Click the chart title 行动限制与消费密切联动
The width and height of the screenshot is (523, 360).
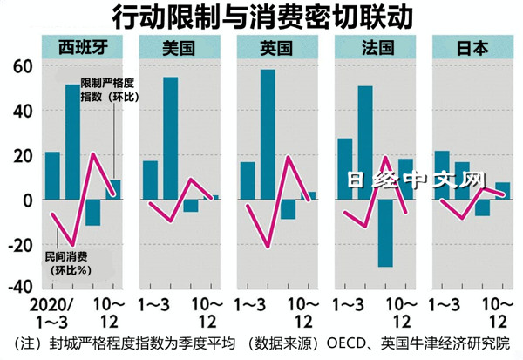coord(261,16)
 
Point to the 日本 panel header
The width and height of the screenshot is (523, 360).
coord(471,47)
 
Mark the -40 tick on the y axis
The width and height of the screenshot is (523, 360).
coord(17,288)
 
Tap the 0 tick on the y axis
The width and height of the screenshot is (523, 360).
coord(27,200)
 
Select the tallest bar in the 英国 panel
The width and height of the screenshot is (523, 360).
coord(268,134)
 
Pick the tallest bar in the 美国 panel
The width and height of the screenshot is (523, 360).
coord(170,139)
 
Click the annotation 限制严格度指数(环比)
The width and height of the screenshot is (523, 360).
coord(109,91)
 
